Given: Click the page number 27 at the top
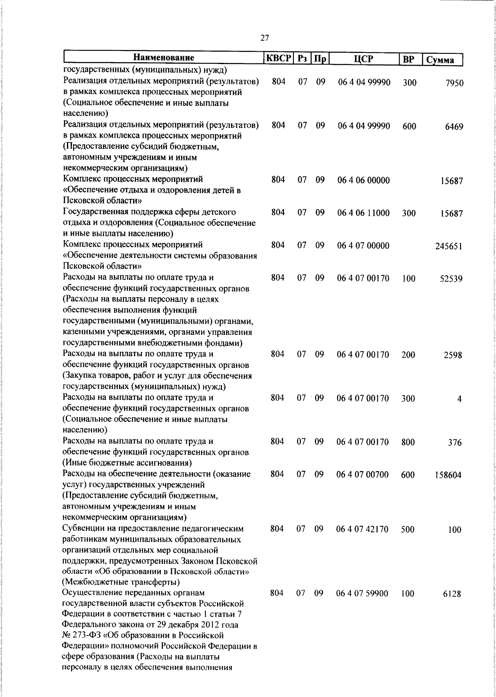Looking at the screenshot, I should tap(265, 38).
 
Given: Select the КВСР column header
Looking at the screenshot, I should tap(278, 58).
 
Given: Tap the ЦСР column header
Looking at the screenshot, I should tap(363, 59).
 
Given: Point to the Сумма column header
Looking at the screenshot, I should tap(441, 60).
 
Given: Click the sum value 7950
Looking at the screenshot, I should tap(454, 83).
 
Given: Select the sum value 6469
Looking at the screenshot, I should tap(454, 127).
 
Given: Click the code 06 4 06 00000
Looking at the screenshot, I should tap(363, 180).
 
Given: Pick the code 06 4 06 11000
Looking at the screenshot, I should tap(363, 213).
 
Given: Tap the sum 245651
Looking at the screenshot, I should tap(448, 246).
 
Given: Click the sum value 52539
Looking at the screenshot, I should tap(451, 279).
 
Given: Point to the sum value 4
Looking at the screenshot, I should tap(459, 399).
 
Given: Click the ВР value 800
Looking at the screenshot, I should tap(408, 442).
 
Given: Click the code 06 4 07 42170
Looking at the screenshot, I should tap(362, 529).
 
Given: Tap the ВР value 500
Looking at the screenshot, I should tap(408, 529).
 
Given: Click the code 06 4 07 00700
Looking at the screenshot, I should tap(362, 475).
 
